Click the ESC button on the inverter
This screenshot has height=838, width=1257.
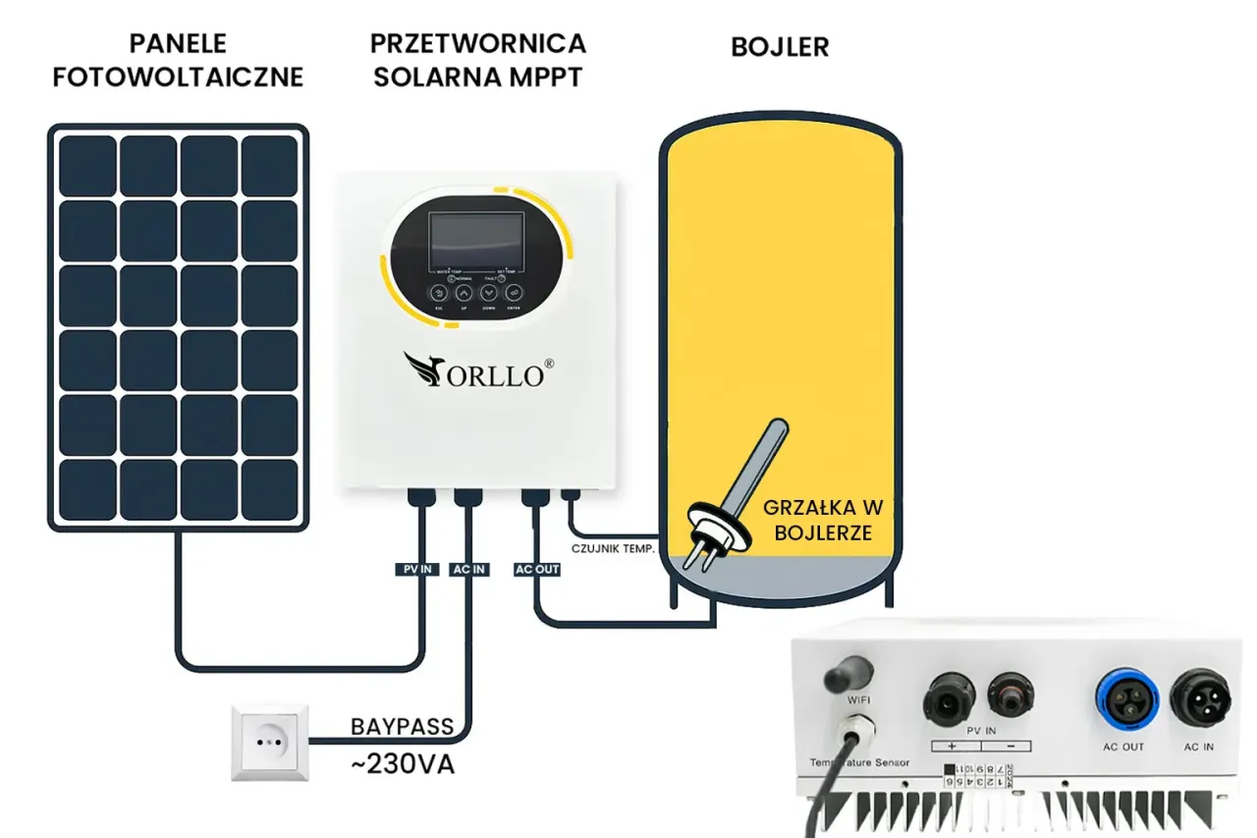[439, 293]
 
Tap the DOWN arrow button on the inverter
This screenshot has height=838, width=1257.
[488, 293]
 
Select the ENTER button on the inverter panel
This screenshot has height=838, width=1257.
[513, 293]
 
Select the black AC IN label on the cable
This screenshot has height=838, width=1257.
[468, 569]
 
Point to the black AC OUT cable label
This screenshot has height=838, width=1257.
[536, 569]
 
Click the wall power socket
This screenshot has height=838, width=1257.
[269, 742]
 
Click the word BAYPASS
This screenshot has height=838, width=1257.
[402, 727]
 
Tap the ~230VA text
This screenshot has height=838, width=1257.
[402, 764]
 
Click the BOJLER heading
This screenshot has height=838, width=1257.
[780, 47]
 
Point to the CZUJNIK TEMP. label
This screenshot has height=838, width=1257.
[613, 548]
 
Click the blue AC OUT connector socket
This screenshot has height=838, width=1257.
[1122, 698]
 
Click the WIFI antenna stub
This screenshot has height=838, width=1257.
[848, 675]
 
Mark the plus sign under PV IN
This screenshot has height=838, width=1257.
[952, 746]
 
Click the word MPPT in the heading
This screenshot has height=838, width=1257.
[548, 76]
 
